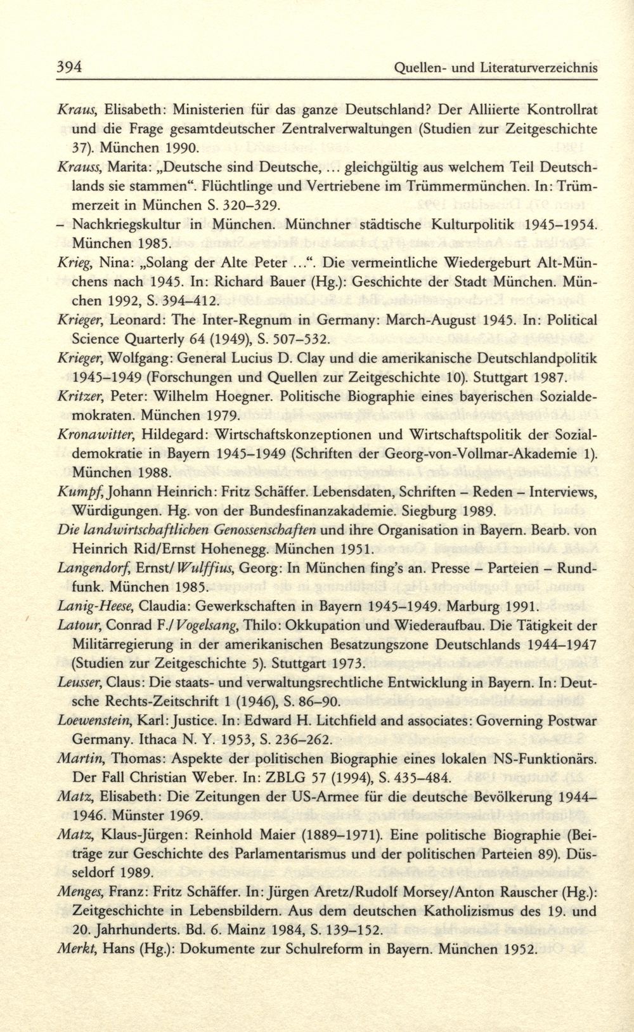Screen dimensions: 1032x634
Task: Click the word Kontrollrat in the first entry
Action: (x=563, y=109)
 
